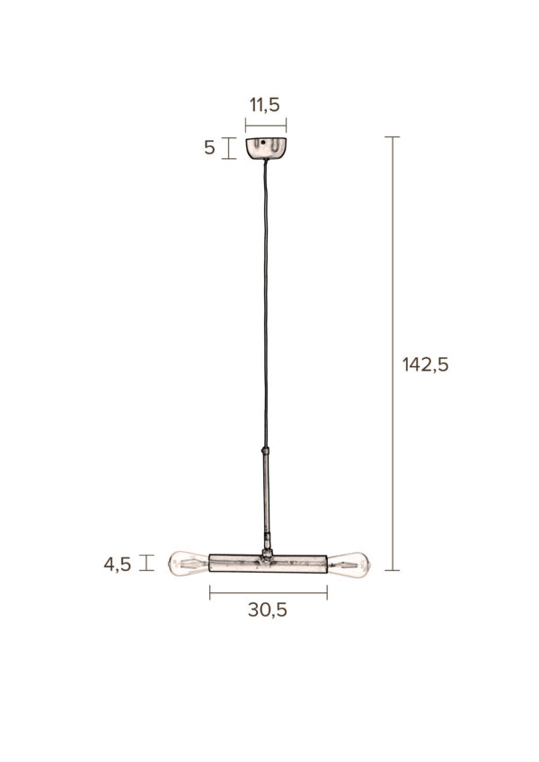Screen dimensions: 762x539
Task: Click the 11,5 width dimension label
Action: click(266, 106)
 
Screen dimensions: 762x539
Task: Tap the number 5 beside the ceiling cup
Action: click(209, 148)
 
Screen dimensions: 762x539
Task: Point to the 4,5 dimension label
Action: click(118, 565)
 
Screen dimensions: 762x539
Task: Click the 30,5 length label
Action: click(267, 610)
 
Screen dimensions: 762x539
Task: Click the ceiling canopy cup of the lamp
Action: click(266, 149)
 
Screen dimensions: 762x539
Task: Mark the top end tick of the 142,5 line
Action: click(392, 136)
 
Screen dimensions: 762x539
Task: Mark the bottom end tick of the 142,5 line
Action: click(392, 570)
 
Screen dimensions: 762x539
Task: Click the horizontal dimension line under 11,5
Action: click(266, 125)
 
